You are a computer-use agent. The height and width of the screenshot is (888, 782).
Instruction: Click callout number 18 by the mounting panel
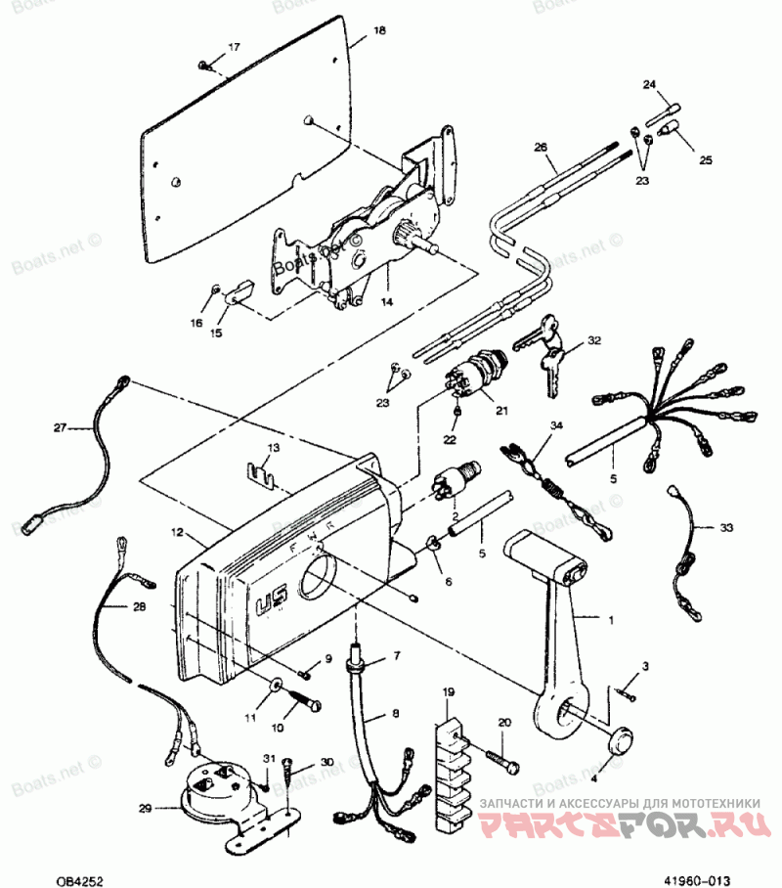(380, 31)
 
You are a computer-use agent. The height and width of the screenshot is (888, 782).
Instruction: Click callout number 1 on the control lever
(612, 620)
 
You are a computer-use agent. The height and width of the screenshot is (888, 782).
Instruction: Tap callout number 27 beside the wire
(59, 427)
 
